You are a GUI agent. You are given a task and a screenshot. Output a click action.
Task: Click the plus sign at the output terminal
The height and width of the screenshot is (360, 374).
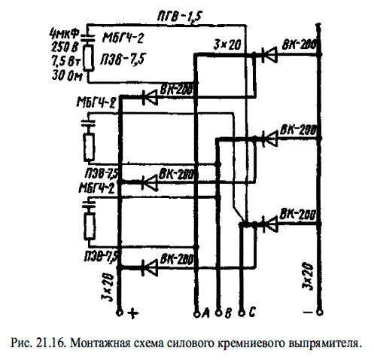136,311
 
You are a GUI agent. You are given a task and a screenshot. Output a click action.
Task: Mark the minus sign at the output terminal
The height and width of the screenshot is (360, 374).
306,311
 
